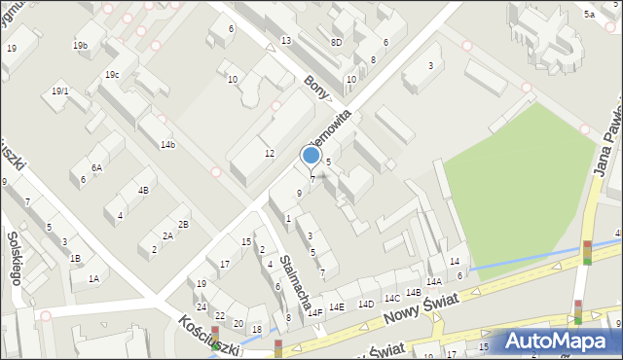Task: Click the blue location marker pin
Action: point(311,157)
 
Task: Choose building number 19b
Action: point(80,46)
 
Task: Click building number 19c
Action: point(112,74)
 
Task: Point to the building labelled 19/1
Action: point(60,90)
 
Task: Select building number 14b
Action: point(167,145)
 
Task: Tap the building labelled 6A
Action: point(96,167)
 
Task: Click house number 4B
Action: point(143,190)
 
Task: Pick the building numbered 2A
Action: point(167,235)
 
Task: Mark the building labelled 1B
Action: point(75,258)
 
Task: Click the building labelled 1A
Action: point(93,278)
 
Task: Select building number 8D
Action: point(336,42)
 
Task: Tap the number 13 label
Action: point(286,40)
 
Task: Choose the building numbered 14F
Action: point(314,312)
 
